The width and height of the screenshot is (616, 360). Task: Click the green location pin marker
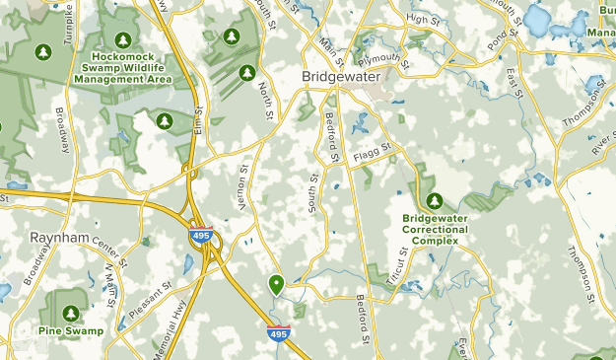pyautogui.click(x=278, y=285)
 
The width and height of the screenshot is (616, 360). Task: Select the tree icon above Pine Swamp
pyautogui.click(x=70, y=313)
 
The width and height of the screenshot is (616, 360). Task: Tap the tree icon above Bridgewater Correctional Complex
pyautogui.click(x=434, y=199)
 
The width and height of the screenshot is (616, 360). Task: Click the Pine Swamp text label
pyautogui.click(x=71, y=331)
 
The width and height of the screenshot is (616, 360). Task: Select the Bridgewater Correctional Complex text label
pyautogui.click(x=435, y=229)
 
